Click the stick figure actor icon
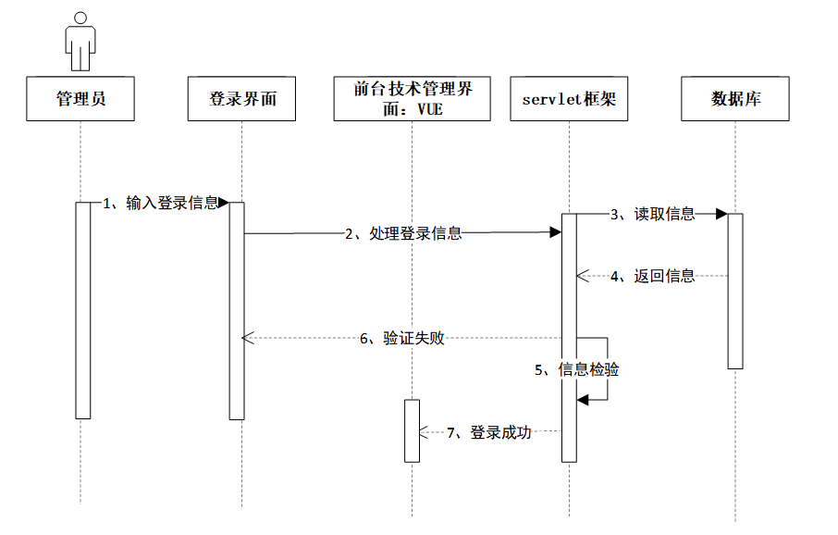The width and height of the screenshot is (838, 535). tap(80, 42)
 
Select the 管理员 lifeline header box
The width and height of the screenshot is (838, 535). tap(80, 98)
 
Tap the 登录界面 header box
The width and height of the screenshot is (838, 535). tap(242, 98)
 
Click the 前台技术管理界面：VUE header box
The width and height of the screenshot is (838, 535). tap(413, 98)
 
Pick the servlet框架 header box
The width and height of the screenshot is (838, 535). tap(569, 98)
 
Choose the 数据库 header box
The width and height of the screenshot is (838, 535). tap(735, 98)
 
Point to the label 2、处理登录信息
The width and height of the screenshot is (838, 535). tap(403, 234)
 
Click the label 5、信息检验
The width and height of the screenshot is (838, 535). tap(577, 370)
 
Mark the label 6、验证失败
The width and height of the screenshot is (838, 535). tap(402, 339)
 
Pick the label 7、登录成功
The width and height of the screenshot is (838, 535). tap(489, 432)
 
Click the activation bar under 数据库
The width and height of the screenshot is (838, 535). tap(735, 291)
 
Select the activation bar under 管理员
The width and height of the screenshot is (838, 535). tap(82, 310)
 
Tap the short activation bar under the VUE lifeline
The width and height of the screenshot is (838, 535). tap(412, 430)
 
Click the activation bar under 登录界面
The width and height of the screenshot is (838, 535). tap(237, 310)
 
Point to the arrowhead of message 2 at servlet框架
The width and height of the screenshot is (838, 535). tap(556, 233)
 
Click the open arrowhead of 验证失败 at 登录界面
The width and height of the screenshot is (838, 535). tap(247, 339)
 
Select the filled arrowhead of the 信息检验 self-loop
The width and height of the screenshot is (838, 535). tap(583, 399)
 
